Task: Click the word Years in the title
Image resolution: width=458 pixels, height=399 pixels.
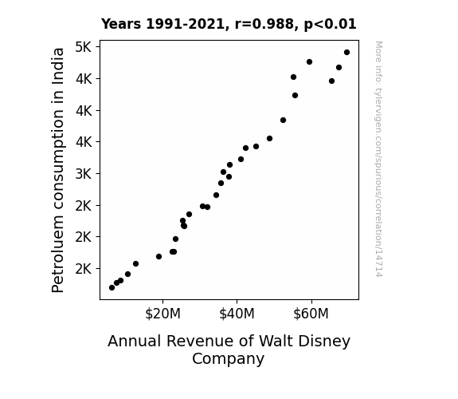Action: pyautogui.click(x=121, y=24)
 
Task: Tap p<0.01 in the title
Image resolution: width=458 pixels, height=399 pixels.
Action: pyautogui.click(x=331, y=25)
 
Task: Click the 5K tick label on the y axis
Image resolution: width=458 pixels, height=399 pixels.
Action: pyautogui.click(x=84, y=47)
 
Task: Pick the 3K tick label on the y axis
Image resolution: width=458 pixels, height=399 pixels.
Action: pyautogui.click(x=84, y=174)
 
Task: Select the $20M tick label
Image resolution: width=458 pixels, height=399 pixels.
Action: pyautogui.click(x=162, y=314)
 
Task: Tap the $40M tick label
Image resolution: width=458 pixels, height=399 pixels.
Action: pyautogui.click(x=237, y=314)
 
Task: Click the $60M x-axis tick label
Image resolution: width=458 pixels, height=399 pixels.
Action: pyautogui.click(x=311, y=314)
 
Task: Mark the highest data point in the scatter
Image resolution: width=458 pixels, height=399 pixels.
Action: pyautogui.click(x=346, y=53)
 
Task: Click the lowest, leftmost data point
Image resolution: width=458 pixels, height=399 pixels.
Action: pyautogui.click(x=112, y=288)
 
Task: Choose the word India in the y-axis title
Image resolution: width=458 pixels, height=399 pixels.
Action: pyautogui.click(x=57, y=66)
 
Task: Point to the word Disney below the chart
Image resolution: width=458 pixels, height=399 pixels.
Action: pyautogui.click(x=324, y=342)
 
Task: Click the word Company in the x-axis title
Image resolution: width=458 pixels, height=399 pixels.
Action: pyautogui.click(x=228, y=359)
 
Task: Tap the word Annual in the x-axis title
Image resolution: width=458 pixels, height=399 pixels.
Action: pyautogui.click(x=135, y=341)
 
